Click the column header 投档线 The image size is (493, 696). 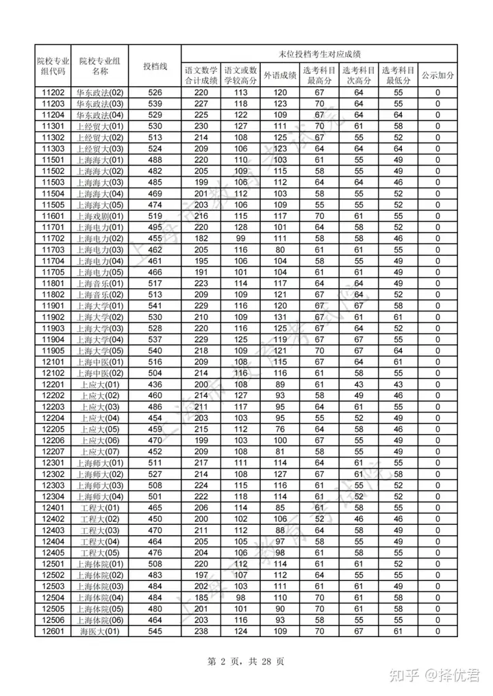[x=155, y=66]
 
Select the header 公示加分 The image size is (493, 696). [x=438, y=75]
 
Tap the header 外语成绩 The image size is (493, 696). [x=280, y=75]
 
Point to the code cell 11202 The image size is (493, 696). [x=53, y=92]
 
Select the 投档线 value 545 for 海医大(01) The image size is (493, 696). [x=155, y=631]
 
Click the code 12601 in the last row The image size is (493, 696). [x=53, y=631]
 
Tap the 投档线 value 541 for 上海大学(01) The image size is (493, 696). [x=155, y=306]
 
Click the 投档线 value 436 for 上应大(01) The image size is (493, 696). [x=155, y=385]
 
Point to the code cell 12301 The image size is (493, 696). [x=53, y=463]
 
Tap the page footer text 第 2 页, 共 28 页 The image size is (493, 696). [x=245, y=662]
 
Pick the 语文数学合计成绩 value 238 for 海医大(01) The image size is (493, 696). [x=201, y=631]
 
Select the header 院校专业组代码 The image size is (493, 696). [x=53, y=66]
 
